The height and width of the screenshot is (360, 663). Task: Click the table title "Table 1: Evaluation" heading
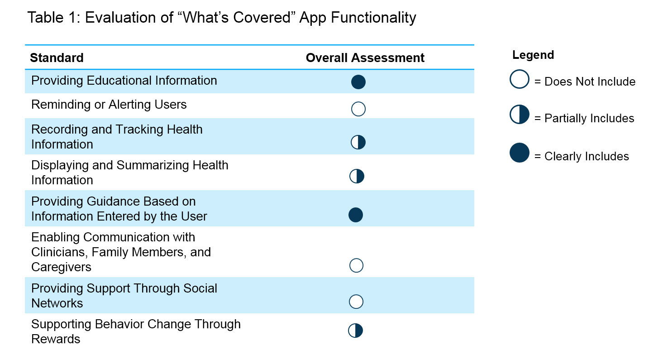click(221, 18)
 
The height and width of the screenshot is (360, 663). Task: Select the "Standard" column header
click(57, 58)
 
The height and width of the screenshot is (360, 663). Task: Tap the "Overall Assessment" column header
click(365, 58)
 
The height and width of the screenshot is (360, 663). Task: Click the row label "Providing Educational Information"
click(124, 81)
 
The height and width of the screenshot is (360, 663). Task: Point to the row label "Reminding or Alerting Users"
click(109, 105)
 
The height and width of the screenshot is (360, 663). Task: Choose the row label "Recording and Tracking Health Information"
click(117, 137)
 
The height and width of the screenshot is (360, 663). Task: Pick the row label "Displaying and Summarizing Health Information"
click(129, 173)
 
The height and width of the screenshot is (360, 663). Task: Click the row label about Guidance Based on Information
click(119, 209)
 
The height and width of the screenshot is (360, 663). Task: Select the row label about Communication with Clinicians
click(121, 252)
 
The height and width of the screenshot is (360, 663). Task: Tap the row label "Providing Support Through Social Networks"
click(124, 296)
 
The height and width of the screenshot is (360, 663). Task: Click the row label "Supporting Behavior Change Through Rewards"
click(136, 331)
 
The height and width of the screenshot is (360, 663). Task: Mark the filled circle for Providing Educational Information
click(358, 82)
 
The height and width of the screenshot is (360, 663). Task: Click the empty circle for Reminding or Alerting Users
click(358, 109)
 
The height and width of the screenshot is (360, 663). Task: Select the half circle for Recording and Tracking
click(358, 142)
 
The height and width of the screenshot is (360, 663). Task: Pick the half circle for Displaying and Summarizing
click(357, 176)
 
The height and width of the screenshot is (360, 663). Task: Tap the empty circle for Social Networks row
click(357, 302)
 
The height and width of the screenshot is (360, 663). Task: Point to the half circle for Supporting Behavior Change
click(356, 331)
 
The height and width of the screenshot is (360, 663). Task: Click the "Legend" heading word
click(533, 55)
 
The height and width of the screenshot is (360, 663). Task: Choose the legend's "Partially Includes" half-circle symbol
click(520, 115)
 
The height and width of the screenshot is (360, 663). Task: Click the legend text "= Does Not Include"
click(585, 82)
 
